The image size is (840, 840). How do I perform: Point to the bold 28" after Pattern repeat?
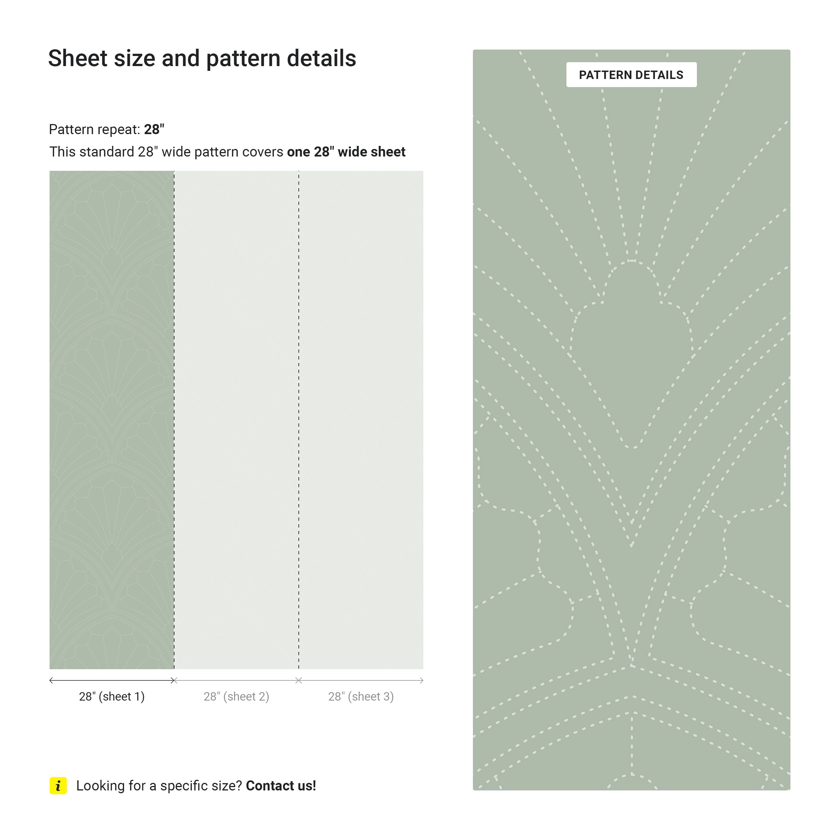(154, 130)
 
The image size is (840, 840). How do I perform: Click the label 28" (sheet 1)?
(112, 697)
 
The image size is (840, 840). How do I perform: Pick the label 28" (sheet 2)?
(236, 697)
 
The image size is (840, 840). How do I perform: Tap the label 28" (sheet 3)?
(361, 697)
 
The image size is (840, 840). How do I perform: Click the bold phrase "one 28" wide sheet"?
(346, 152)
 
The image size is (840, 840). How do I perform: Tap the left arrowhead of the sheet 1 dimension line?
(51, 680)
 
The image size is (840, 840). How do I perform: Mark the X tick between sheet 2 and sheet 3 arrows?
(299, 680)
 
